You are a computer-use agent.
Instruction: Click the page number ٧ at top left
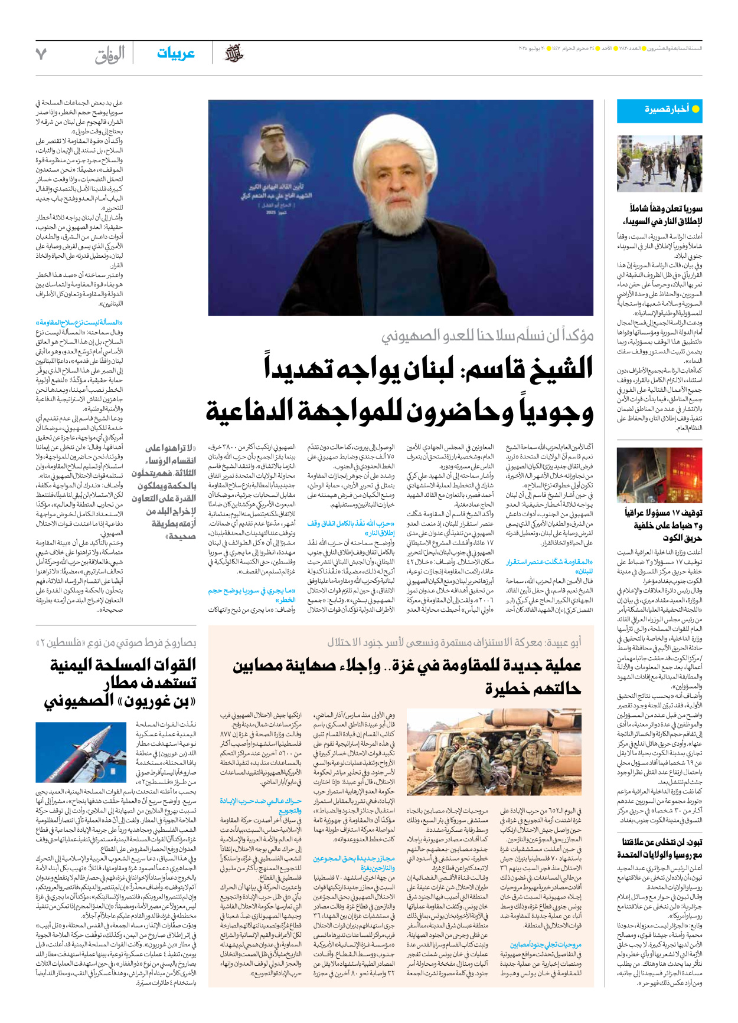[x=41, y=54]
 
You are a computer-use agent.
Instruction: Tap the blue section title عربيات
[x=175, y=54]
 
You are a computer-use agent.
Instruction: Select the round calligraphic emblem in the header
[x=234, y=54]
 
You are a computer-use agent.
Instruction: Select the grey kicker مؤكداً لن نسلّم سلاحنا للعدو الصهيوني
[x=487, y=336]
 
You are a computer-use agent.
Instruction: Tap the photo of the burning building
[x=659, y=476]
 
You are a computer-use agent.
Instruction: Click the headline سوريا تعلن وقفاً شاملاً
[x=665, y=215]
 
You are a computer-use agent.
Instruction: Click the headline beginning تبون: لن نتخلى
[x=662, y=848]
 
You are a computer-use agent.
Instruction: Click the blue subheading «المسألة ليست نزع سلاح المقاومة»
[x=79, y=323]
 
